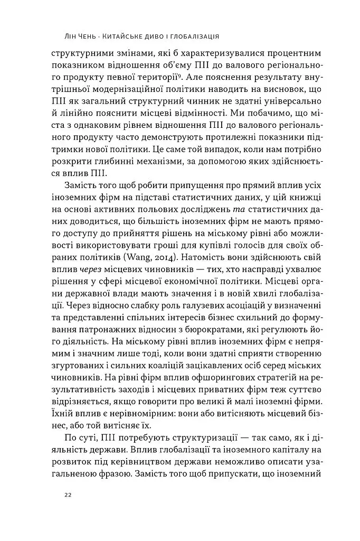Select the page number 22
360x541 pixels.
pyautogui.click(x=68, y=495)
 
